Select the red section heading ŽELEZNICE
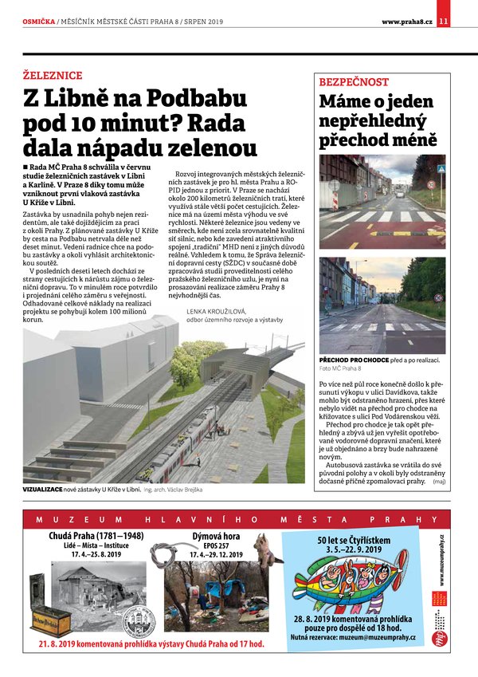tap(53, 76)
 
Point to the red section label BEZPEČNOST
tap(354, 82)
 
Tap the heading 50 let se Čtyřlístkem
tap(353, 540)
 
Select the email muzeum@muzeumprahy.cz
tap(374, 637)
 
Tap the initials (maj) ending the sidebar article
tap(439, 482)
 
